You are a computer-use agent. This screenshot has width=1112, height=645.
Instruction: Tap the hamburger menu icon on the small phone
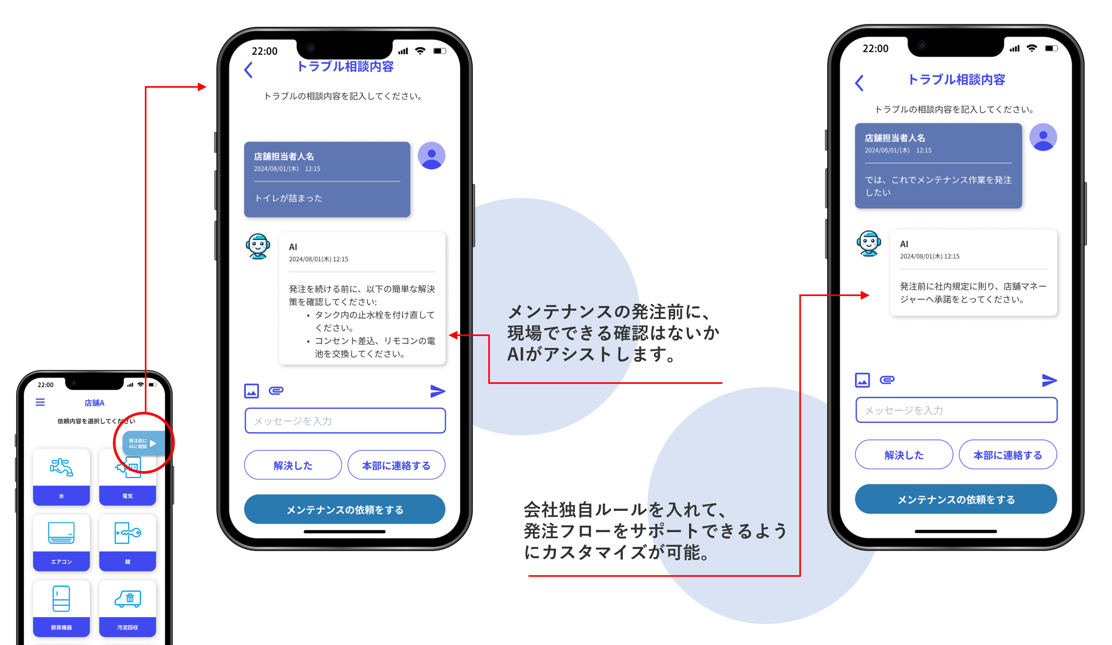[40, 402]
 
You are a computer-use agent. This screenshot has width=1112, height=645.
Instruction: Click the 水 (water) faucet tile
[61, 476]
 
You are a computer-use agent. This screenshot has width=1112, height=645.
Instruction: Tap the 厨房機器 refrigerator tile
[61, 608]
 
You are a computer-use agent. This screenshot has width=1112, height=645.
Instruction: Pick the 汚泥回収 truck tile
[127, 608]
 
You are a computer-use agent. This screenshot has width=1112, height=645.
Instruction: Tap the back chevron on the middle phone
[249, 70]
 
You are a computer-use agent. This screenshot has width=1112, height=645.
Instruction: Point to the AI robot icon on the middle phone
[258, 246]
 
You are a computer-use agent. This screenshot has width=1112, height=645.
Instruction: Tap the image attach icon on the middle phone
[252, 391]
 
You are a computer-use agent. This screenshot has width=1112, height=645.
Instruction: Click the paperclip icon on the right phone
[887, 380]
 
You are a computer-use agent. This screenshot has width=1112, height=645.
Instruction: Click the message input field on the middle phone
[345, 421]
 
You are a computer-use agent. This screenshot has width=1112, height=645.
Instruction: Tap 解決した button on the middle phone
[293, 465]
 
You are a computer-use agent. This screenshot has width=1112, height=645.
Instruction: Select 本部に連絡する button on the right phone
[1007, 455]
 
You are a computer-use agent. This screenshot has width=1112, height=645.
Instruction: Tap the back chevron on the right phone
[859, 83]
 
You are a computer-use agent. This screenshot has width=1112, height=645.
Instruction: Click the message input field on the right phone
[956, 410]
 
